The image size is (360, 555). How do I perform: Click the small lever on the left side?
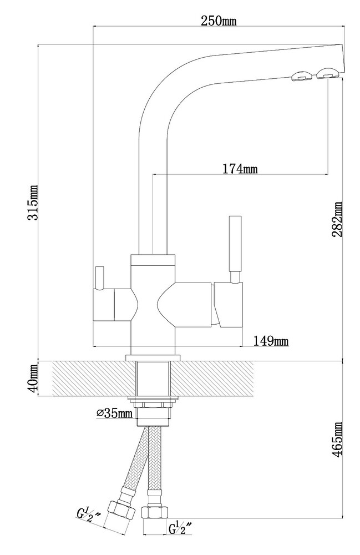[100, 277]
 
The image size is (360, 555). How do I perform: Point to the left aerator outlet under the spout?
[300, 77]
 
